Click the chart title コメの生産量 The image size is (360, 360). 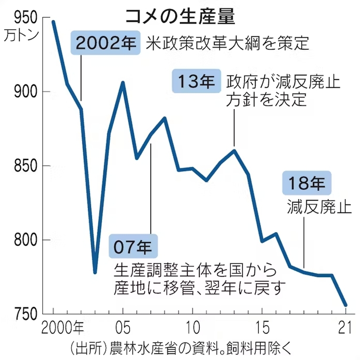180,17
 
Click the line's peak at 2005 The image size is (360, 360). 123,83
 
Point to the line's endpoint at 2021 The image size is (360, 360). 346,305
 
